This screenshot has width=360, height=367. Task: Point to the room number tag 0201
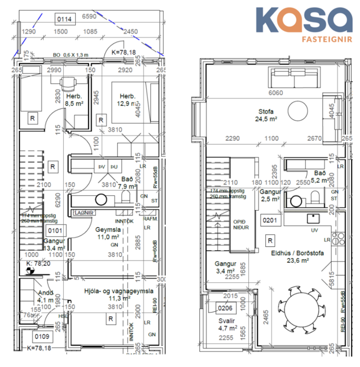point(269,221)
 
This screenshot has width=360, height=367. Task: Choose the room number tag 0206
point(225,308)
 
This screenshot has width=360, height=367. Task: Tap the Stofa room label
point(267,111)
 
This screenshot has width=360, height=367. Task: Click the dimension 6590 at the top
point(89,18)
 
